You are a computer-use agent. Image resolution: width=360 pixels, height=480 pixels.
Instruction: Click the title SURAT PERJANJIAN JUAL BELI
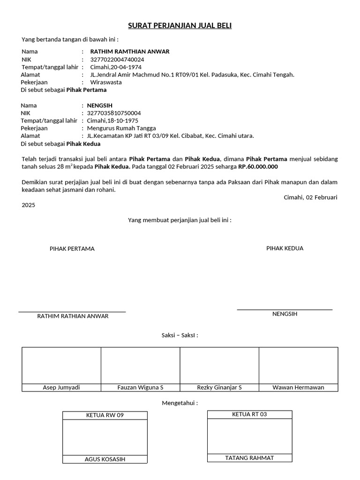pyautogui.click(x=180, y=26)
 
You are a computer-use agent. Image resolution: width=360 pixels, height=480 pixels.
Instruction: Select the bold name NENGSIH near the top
pyautogui.click(x=100, y=105)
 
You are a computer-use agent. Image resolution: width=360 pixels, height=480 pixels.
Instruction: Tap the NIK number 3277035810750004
pyautogui.click(x=114, y=113)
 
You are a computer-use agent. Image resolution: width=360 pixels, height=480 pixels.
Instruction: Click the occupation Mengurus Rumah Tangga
pyautogui.click(x=121, y=128)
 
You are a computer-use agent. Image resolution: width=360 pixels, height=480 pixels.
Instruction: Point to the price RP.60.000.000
pyautogui.click(x=258, y=166)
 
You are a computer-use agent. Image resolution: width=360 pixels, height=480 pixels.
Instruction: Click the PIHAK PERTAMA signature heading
pyautogui.click(x=72, y=249)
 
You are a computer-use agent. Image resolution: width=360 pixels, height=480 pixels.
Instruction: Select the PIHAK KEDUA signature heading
pyautogui.click(x=285, y=248)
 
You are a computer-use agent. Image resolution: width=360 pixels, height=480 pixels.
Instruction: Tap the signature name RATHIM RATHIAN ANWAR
pyautogui.click(x=73, y=316)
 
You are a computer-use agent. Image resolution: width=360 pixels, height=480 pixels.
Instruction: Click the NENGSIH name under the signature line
pyautogui.click(x=285, y=314)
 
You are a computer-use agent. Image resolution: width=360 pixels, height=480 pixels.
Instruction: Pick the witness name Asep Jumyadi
pyautogui.click(x=61, y=387)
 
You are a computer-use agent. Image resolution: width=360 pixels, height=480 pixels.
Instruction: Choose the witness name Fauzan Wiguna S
pyautogui.click(x=140, y=387)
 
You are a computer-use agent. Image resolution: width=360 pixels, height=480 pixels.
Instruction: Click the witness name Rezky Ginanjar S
pyautogui.click(x=219, y=387)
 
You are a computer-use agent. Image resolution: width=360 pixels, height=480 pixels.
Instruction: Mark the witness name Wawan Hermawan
pyautogui.click(x=298, y=387)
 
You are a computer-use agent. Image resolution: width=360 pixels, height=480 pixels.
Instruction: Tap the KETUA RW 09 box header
pyautogui.click(x=105, y=415)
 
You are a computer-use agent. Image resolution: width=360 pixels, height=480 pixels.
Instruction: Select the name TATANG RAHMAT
pyautogui.click(x=249, y=458)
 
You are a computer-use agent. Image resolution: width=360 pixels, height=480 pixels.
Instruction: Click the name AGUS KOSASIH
pyautogui.click(x=105, y=459)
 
